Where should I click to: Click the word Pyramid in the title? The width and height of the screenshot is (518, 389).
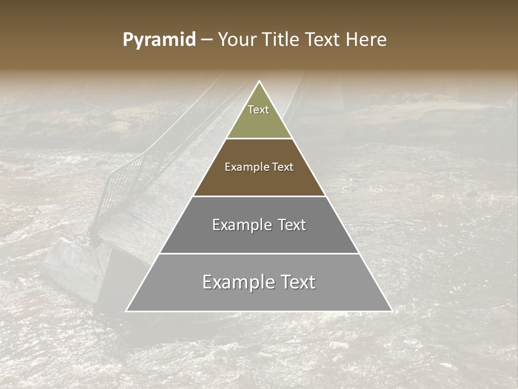pos(159,40)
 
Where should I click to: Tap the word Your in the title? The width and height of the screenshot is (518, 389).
pos(238,40)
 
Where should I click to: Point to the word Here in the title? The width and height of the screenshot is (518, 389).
pos(366,40)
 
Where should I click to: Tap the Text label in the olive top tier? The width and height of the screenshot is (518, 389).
pos(258,110)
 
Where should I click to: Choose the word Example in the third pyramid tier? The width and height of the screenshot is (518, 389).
pos(240,225)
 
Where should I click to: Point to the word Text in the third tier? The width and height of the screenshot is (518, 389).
pos(292,225)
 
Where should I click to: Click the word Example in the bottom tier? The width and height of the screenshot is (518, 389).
pos(234,282)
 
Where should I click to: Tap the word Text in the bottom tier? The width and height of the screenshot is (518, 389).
pos(297,282)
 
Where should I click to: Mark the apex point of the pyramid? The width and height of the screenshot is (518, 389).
pos(259,82)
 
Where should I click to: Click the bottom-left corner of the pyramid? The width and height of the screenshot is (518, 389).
pos(127,311)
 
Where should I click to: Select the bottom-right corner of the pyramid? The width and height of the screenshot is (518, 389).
pos(391,311)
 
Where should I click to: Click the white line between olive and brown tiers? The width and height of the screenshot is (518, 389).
pos(259,139)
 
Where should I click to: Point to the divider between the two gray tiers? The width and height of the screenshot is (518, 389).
pos(259,253)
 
